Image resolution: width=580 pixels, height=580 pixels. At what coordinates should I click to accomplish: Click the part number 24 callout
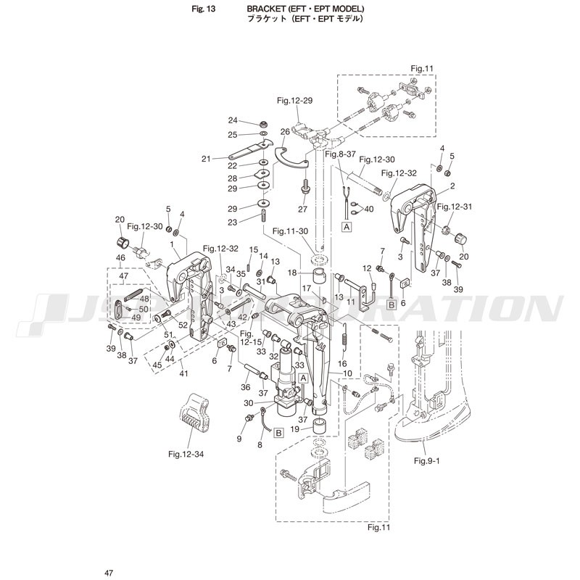click(x=233, y=120)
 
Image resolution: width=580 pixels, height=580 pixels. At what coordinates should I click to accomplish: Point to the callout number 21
click(x=206, y=159)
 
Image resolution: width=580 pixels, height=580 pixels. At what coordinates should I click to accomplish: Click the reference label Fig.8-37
click(x=341, y=154)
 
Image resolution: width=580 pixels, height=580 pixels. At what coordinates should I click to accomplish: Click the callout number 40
click(x=368, y=209)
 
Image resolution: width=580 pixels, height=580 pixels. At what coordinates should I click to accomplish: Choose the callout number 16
click(x=342, y=363)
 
